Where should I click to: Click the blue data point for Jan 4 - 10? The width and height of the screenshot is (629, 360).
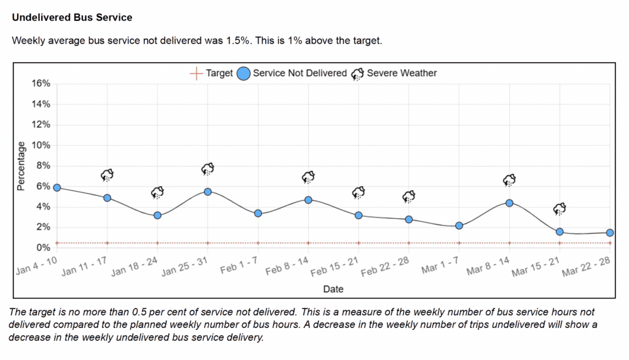tap(57, 187)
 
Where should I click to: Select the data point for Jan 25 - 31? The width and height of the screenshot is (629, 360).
tap(208, 192)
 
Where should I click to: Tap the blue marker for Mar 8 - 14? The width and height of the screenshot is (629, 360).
tap(509, 203)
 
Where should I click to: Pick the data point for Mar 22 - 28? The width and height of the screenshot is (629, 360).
tap(610, 233)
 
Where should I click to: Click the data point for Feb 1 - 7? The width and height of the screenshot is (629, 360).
tap(258, 213)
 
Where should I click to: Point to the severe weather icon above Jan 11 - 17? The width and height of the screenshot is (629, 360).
tap(107, 175)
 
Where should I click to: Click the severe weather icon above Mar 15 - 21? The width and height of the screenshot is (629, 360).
tap(560, 209)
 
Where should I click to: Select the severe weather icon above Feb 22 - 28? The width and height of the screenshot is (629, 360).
tap(408, 197)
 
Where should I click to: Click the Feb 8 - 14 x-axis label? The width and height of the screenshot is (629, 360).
tap(287, 270)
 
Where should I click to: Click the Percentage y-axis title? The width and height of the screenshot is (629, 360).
tap(21, 166)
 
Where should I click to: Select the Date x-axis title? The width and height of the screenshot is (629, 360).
tap(333, 289)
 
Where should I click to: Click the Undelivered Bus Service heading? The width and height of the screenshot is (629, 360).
tap(72, 17)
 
